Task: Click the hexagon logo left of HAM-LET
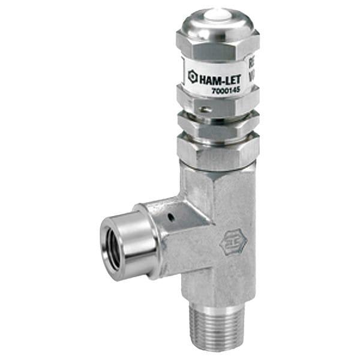click(193, 76)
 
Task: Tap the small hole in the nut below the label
click(206, 109)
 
